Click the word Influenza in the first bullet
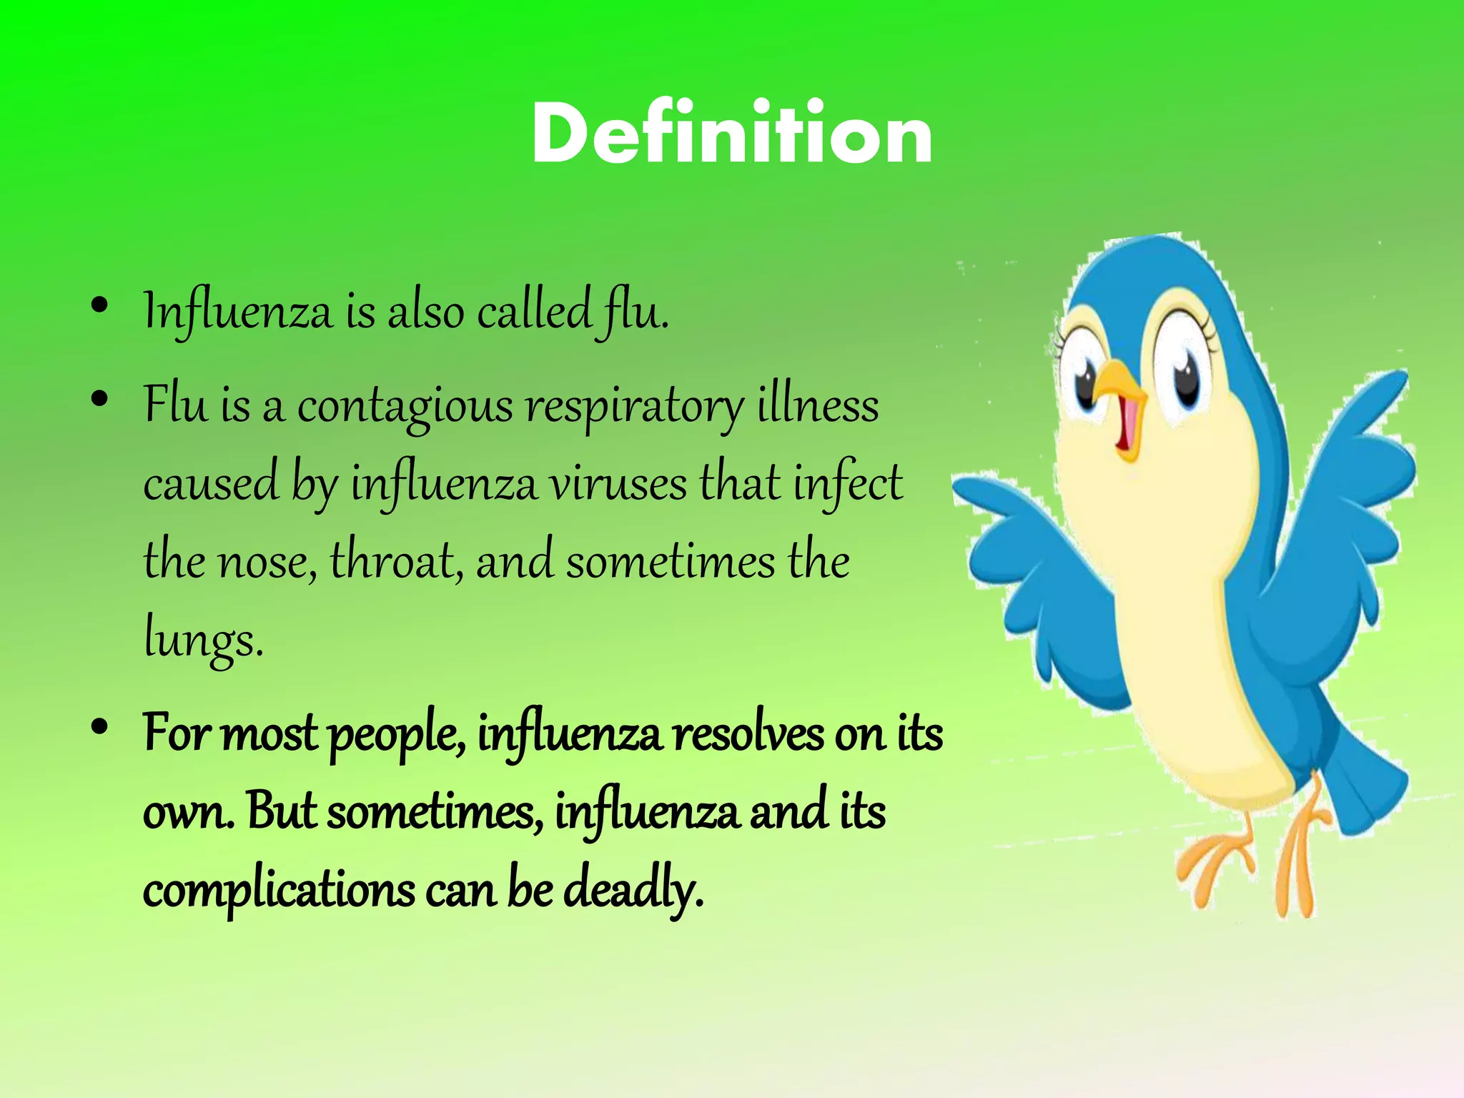pos(237,312)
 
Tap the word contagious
pos(405,406)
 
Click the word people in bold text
pos(397,736)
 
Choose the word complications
pos(279,891)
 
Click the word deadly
pos(633,889)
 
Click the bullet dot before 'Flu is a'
pos(100,398)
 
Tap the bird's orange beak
pos(1121,390)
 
